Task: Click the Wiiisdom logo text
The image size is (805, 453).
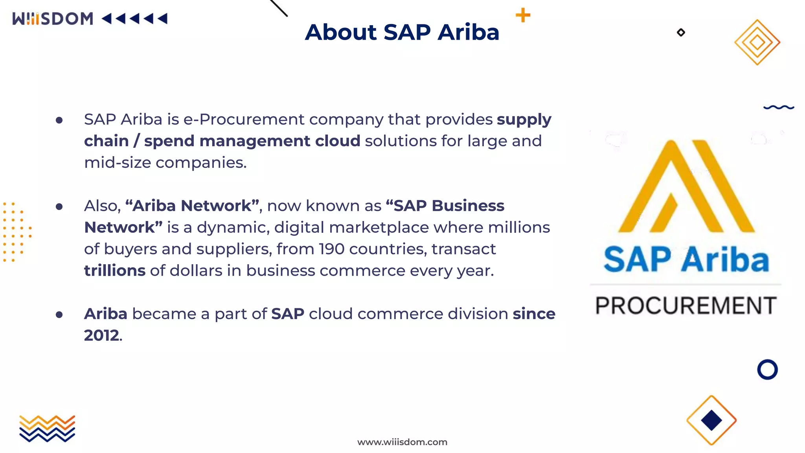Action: tap(53, 19)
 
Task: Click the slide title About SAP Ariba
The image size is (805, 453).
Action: tap(402, 32)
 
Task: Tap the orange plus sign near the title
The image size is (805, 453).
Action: tap(523, 15)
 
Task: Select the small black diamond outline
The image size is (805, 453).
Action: tap(681, 33)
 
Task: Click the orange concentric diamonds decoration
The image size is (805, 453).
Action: tap(757, 42)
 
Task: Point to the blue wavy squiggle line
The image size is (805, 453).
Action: tap(779, 107)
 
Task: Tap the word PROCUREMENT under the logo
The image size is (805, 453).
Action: tap(686, 306)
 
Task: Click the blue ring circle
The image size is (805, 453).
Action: tap(767, 370)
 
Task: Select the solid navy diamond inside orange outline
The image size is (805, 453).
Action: tap(711, 420)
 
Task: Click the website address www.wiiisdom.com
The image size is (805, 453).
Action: tap(402, 442)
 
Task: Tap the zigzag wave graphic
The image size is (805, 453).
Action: tap(47, 429)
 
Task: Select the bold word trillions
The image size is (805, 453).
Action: tap(115, 271)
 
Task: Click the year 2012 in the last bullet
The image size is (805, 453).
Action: tap(101, 335)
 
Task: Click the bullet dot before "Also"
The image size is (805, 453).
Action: tap(59, 206)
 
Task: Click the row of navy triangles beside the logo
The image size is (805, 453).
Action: tap(135, 18)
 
